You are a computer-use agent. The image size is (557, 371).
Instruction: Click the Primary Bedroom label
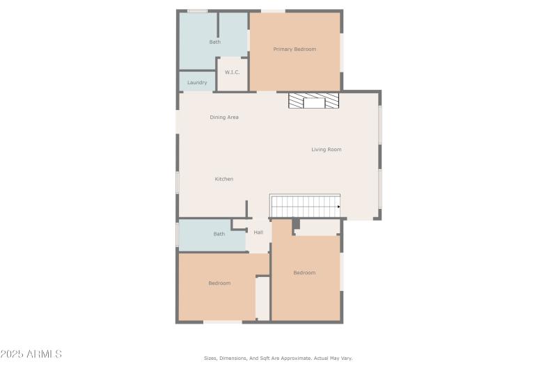295,49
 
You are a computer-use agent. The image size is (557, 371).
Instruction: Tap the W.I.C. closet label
233,72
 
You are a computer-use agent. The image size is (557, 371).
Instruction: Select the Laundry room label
197,83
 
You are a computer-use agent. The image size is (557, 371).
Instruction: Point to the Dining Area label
224,118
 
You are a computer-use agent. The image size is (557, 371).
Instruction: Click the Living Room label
326,150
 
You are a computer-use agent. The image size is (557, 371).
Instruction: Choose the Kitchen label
224,180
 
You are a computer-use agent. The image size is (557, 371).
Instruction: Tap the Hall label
258,232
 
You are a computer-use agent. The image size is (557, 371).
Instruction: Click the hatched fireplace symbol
315,102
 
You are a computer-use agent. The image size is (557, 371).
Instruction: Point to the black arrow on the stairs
338,207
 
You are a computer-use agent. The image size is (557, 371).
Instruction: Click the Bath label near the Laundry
215,42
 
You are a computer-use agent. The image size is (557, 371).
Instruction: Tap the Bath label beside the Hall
219,234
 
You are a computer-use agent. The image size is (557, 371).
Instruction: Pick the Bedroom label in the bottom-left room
219,283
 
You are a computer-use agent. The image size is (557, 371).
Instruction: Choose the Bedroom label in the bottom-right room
304,273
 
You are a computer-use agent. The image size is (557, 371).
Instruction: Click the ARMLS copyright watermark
31,354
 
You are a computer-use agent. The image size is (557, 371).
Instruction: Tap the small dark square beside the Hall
296,223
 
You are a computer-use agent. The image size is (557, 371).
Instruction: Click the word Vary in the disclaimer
346,358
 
